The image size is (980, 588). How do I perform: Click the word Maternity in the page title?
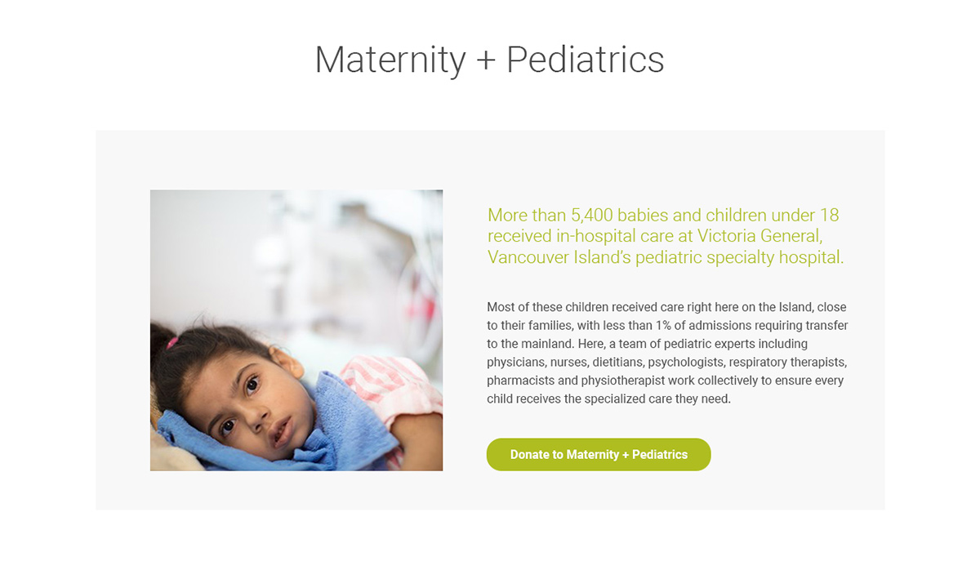(x=390, y=60)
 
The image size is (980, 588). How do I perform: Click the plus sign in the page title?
(x=486, y=60)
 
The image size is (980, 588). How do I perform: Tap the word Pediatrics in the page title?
(x=586, y=59)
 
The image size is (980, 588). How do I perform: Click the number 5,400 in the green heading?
(x=592, y=216)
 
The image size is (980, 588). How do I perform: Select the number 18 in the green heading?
(x=830, y=216)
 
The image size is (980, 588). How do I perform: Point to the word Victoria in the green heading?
(x=726, y=236)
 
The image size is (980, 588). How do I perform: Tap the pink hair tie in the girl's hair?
(x=171, y=342)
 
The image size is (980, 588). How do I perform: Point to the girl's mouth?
(x=283, y=431)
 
